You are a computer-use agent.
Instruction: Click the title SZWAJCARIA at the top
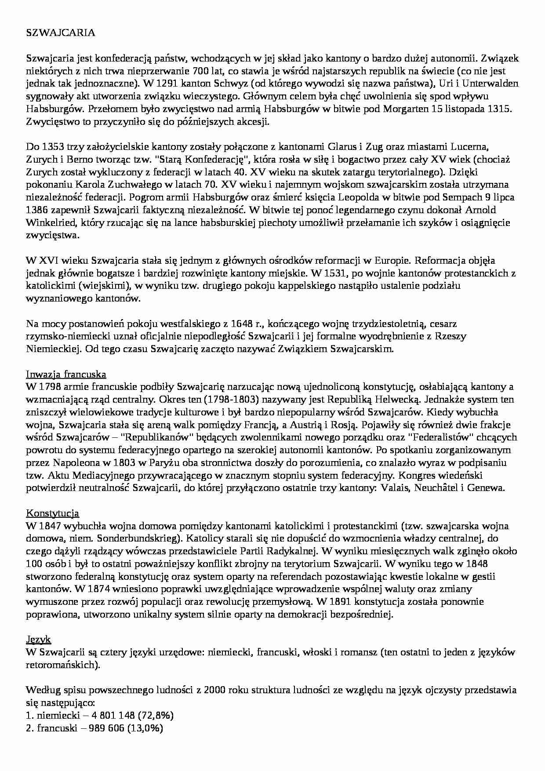point(61,33)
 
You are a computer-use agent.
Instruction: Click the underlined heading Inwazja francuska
point(66,375)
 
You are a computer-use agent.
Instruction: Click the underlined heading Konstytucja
point(53,513)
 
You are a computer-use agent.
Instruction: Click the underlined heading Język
point(39,640)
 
